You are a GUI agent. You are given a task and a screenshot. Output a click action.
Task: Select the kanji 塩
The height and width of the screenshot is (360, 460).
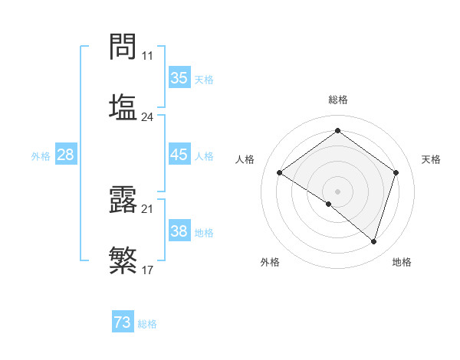click(x=123, y=106)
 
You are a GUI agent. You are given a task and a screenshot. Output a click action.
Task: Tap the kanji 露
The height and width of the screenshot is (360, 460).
click(x=123, y=200)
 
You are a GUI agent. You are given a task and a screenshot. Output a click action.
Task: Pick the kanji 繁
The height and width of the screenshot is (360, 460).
click(x=123, y=260)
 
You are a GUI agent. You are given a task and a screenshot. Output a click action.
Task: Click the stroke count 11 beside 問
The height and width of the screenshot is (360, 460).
click(x=147, y=55)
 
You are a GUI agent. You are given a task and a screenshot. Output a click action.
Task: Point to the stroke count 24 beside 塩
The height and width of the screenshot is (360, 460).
click(x=147, y=117)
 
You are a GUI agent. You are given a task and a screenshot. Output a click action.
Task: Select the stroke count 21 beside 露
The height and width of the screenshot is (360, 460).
click(x=147, y=209)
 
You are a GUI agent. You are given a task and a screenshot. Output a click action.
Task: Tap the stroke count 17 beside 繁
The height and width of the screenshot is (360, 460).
click(x=147, y=270)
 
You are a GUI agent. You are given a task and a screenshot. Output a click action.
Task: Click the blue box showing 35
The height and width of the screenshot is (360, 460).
click(x=179, y=77)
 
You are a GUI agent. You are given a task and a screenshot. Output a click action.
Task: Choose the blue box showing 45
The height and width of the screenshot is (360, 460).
click(x=179, y=155)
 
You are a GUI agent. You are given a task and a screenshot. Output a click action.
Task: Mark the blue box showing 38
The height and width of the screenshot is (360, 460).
click(x=179, y=231)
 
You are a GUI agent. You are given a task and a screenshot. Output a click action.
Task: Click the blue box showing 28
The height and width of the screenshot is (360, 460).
click(x=65, y=155)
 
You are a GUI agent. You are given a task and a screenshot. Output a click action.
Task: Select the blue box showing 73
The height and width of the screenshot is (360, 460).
click(x=123, y=322)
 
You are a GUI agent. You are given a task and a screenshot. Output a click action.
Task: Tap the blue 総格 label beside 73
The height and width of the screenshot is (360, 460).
click(x=147, y=324)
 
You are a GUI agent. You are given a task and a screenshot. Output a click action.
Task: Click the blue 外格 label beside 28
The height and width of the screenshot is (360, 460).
click(x=41, y=156)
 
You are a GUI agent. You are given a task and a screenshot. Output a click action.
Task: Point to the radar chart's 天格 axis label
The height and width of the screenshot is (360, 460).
click(x=431, y=159)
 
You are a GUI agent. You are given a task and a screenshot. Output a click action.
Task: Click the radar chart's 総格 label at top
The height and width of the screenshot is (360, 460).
click(x=337, y=100)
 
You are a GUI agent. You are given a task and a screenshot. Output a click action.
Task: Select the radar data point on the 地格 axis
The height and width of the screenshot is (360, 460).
click(x=373, y=241)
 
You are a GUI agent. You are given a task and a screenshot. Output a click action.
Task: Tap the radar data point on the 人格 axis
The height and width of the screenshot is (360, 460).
click(x=280, y=173)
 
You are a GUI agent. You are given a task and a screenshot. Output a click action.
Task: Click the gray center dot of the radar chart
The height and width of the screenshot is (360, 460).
click(x=337, y=191)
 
